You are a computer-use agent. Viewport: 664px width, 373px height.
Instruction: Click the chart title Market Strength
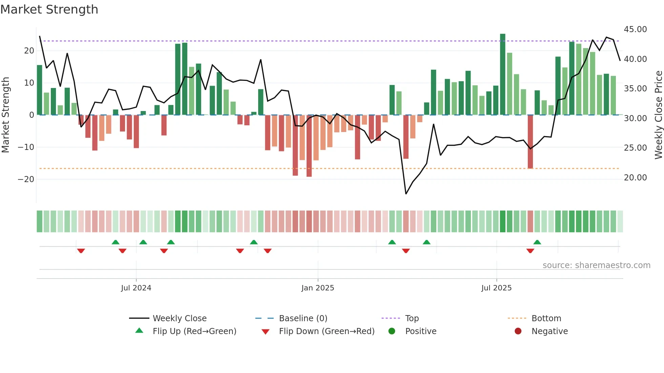pos(49,9)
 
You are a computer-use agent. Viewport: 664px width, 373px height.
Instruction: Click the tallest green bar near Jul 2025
pos(502,74)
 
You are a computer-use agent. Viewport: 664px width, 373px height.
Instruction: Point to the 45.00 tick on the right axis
pos(635,29)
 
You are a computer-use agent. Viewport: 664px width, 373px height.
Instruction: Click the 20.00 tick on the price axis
pos(635,178)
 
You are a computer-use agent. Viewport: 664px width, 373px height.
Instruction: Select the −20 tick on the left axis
pos(26,179)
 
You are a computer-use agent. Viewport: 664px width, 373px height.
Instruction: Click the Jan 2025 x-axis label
pos(317,288)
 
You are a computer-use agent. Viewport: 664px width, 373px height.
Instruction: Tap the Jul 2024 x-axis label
pos(136,288)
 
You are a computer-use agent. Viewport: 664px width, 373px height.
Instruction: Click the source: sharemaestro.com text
pos(596,265)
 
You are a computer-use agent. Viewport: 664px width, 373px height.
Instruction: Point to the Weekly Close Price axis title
pos(658,115)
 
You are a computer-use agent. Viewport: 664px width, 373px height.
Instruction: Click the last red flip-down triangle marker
pos(530,251)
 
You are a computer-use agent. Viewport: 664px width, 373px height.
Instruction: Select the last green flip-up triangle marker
pos(537,242)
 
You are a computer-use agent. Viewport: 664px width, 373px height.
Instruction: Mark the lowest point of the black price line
pos(406,194)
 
